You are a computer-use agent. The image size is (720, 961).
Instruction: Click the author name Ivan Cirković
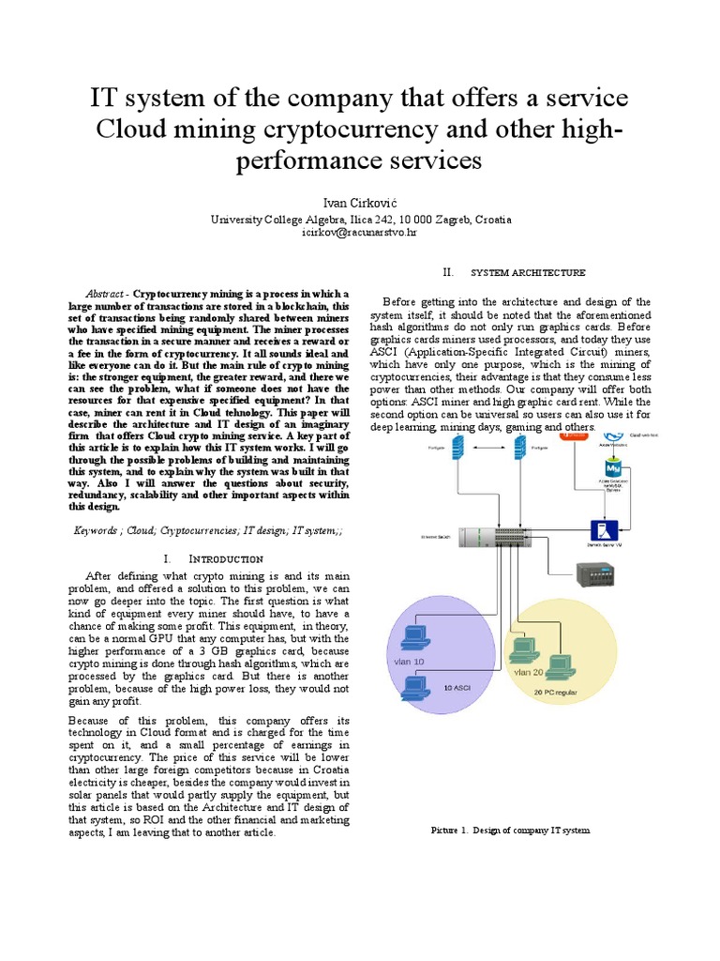360,203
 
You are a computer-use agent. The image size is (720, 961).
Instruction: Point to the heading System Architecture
527,273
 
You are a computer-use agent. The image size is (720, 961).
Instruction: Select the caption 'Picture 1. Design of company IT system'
510,831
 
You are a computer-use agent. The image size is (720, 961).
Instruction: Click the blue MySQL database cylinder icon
613,468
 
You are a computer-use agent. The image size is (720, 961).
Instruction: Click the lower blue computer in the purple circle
414,689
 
